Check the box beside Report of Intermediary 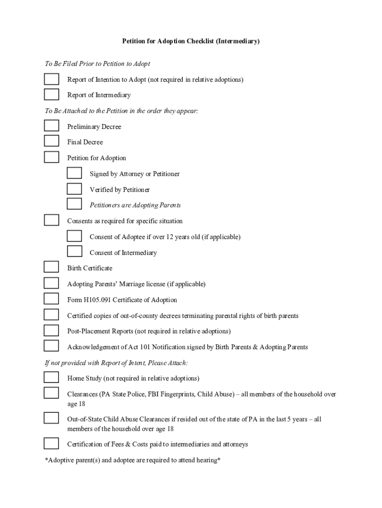(51, 95)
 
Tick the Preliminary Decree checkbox (51, 126)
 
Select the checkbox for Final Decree (51, 141)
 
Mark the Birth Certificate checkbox (51, 267)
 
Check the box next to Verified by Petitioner (74, 189)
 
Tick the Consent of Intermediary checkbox (74, 252)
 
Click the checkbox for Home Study (51, 378)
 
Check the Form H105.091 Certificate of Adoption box (51, 299)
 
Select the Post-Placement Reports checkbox (51, 330)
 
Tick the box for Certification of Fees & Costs (51, 444)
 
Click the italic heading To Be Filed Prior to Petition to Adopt (97, 64)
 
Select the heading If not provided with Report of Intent (116, 363)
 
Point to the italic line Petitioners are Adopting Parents (135, 205)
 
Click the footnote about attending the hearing (132, 460)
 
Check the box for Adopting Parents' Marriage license (51, 283)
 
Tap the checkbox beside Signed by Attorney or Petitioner (74, 173)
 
